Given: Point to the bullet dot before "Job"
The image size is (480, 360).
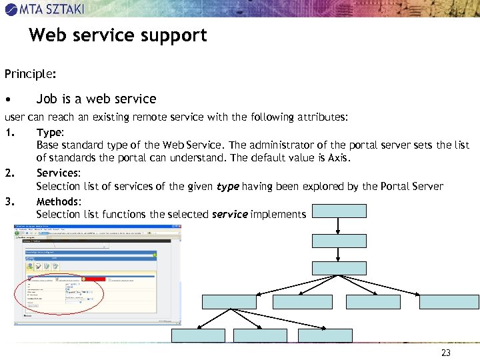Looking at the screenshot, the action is [7, 99].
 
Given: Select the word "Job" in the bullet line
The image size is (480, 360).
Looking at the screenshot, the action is [47, 99].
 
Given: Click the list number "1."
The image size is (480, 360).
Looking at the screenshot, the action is [9, 131].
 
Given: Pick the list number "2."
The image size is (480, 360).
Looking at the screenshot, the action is [9, 173].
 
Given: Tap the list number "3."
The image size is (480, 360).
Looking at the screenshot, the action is [9, 201].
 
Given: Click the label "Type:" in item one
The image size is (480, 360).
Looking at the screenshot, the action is [50, 131].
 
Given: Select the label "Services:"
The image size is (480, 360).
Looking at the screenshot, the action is [58, 173].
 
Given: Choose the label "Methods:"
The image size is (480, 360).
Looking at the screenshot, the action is [59, 201].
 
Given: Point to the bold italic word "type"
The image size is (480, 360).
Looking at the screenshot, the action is [227, 187].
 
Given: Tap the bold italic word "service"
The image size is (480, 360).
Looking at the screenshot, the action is [229, 215].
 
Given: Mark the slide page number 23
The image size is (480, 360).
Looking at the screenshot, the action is [446, 352].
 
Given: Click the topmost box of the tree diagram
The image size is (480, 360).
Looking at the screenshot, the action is [339, 211].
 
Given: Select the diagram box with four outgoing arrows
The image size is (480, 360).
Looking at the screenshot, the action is [339, 268].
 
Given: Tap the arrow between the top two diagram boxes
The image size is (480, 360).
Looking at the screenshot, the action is [339, 226].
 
